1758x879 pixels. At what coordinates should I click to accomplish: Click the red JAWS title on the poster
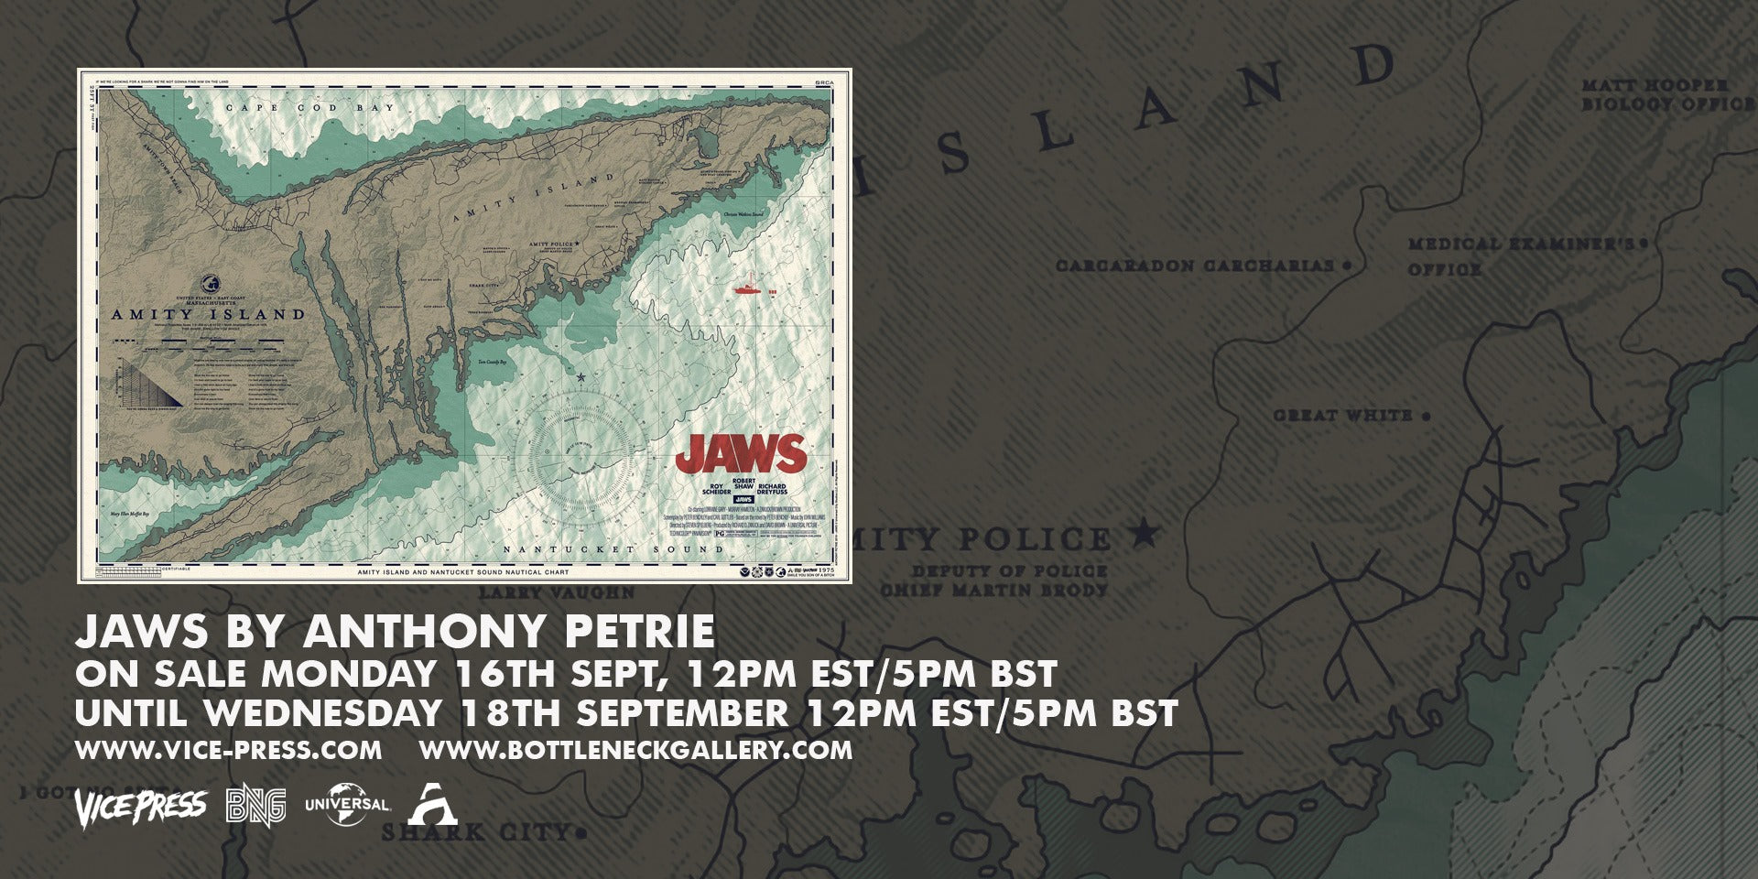point(741,453)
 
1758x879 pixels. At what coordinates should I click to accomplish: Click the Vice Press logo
point(140,805)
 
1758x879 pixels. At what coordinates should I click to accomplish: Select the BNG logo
point(255,805)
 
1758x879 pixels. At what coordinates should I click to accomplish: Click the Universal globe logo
point(346,804)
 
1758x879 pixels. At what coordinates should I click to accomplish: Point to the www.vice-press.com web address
point(228,750)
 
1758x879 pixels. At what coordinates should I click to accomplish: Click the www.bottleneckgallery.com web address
point(635,750)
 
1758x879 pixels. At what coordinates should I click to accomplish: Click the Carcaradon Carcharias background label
point(1194,266)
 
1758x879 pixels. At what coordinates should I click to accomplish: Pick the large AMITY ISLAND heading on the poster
point(208,314)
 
